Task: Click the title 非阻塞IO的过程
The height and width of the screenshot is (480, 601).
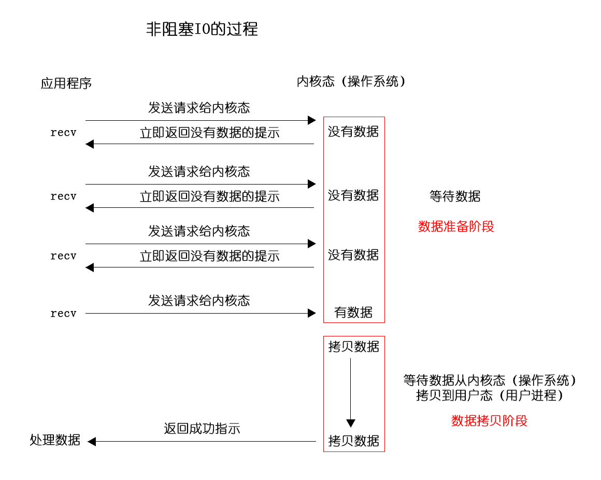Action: point(202,29)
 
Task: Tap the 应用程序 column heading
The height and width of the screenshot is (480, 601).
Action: point(66,83)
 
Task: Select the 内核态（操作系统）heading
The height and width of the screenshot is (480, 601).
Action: point(351,81)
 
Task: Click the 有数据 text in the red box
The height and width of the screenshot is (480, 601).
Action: point(353,313)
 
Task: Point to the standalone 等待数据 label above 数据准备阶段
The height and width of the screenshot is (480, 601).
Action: point(455,196)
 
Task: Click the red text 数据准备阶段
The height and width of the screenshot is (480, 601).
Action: point(456,227)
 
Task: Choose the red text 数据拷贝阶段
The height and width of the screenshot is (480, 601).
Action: point(490,421)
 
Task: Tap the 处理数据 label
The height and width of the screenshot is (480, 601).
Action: point(55,440)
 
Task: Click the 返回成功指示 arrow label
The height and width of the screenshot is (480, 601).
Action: point(202,429)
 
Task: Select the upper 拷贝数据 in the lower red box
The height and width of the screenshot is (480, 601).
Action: point(354,347)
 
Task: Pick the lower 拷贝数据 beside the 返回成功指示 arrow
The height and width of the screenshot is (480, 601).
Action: point(354,441)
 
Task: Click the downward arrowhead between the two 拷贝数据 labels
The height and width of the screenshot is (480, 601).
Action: point(351,423)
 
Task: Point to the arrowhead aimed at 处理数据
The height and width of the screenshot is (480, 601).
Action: point(92,442)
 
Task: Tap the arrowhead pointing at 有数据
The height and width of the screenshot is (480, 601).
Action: point(312,313)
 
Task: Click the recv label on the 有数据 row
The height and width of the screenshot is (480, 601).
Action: point(63,314)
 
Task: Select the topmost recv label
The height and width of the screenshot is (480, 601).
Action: point(63,133)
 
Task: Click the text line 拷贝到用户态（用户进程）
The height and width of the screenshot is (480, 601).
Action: point(490,396)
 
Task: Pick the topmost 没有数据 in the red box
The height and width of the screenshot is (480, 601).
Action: point(353,132)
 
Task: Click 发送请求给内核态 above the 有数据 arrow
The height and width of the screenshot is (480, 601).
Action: point(199,301)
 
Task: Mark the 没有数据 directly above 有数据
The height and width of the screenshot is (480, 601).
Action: point(353,255)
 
